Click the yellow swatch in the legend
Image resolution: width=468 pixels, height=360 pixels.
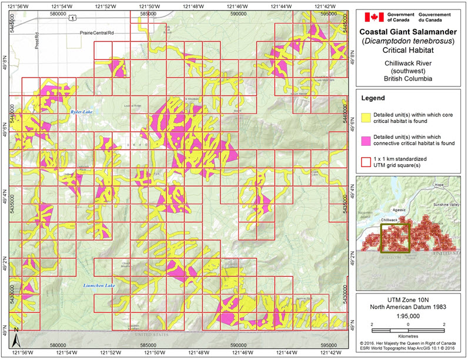click(x=369, y=116)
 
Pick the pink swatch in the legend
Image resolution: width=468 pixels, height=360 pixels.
click(x=369, y=139)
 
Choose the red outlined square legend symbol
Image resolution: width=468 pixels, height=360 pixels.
click(x=369, y=162)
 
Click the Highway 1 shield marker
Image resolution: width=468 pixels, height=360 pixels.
click(x=72, y=19)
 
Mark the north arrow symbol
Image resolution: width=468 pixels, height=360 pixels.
click(x=17, y=339)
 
